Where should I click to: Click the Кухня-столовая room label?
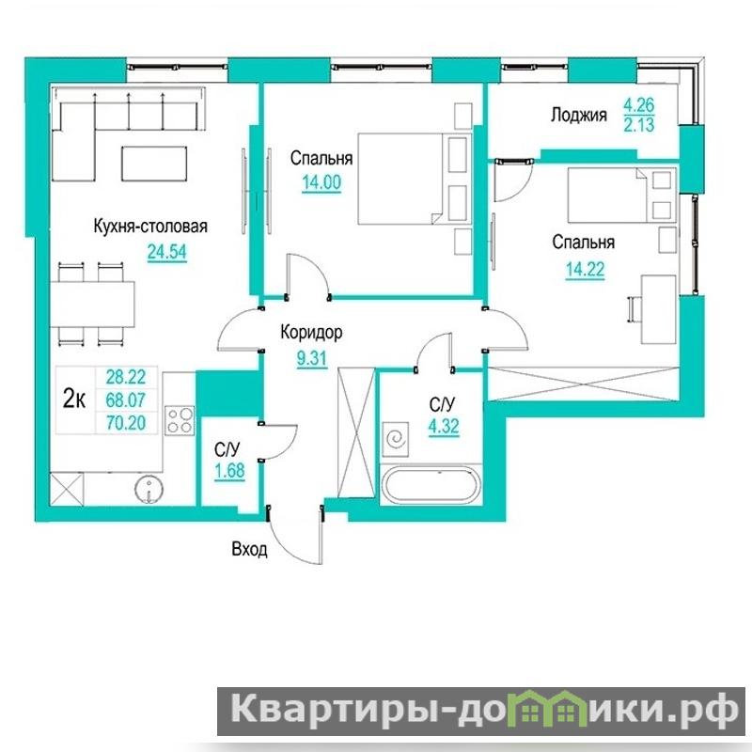(150, 227)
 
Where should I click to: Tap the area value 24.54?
(167, 252)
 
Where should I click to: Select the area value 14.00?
(321, 182)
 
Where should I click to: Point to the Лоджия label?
(579, 115)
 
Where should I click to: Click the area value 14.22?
(585, 270)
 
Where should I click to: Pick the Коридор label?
(311, 332)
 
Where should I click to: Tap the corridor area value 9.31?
(312, 358)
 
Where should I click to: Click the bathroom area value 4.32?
(444, 426)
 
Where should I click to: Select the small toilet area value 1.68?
(229, 471)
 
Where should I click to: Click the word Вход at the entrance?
(249, 549)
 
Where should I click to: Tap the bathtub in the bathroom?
(431, 485)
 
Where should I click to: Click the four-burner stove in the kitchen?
(180, 420)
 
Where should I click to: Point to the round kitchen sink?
(149, 490)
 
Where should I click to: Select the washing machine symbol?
(396, 439)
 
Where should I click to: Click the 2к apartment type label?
(74, 399)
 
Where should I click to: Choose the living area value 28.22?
(126, 378)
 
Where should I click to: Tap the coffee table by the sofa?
(154, 164)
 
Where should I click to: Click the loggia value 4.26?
(639, 105)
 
